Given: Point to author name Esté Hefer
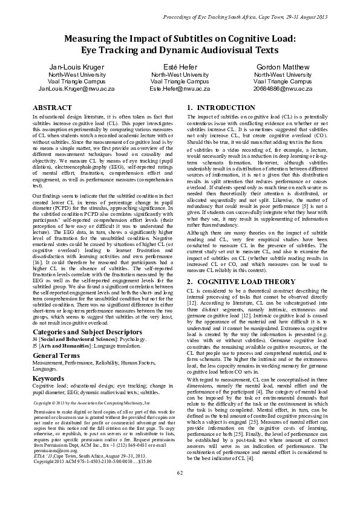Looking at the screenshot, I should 179,66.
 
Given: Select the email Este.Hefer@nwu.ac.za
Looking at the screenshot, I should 179,88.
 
